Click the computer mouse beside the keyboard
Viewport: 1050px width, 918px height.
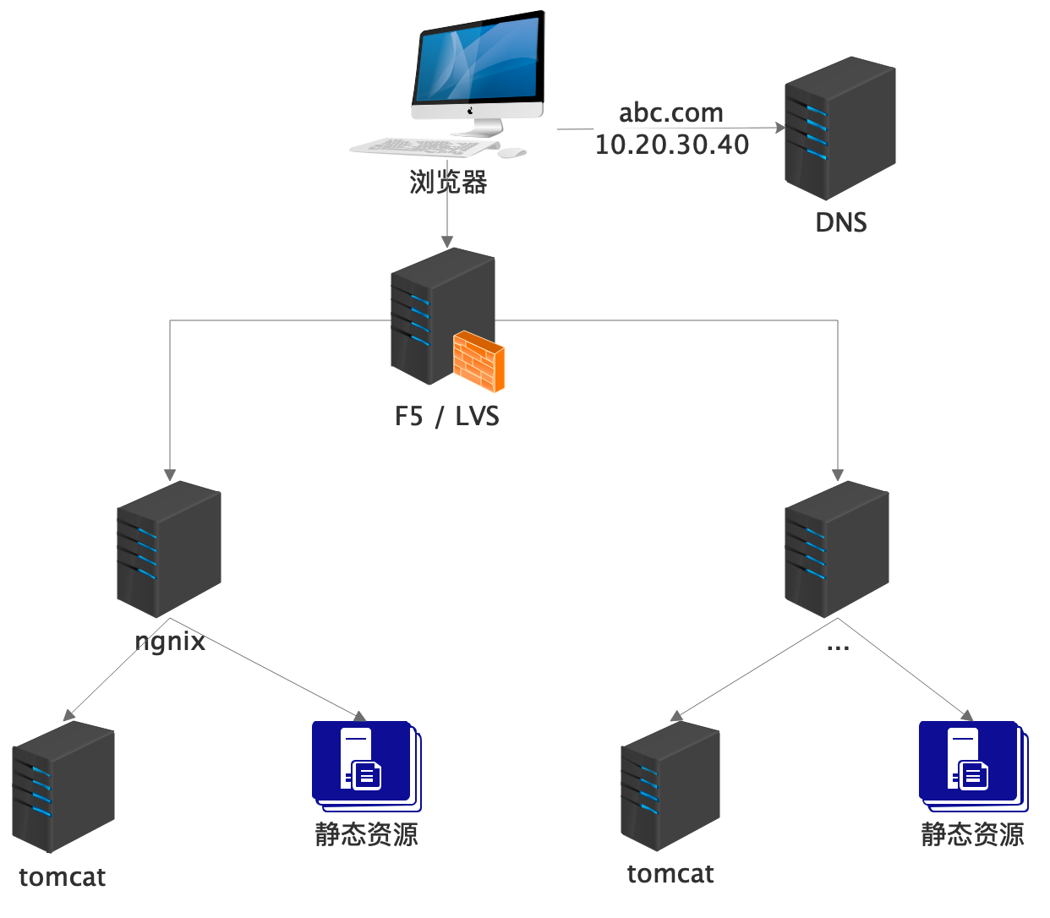pos(511,153)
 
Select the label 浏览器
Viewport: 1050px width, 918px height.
pos(448,182)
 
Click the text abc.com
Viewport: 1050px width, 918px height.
pos(671,112)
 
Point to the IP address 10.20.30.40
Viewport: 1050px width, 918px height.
pos(672,145)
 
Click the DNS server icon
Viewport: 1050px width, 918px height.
pos(839,128)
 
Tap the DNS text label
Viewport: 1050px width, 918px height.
pos(841,222)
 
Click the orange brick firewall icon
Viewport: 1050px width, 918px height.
pos(479,361)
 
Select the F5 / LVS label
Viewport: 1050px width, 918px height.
pos(447,416)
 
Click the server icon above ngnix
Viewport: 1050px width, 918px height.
pos(169,549)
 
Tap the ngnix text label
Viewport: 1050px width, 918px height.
pos(170,641)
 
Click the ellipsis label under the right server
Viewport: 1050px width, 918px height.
pos(838,648)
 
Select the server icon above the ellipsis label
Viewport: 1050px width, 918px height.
pos(837,549)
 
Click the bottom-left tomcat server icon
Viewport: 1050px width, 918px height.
pos(63,787)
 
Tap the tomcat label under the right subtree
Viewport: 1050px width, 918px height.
pos(670,873)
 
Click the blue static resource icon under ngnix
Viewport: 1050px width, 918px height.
pos(366,765)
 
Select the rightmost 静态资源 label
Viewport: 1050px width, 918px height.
pos(972,834)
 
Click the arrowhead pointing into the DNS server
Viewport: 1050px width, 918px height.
pos(780,128)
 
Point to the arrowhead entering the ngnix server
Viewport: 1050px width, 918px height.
pos(170,475)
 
